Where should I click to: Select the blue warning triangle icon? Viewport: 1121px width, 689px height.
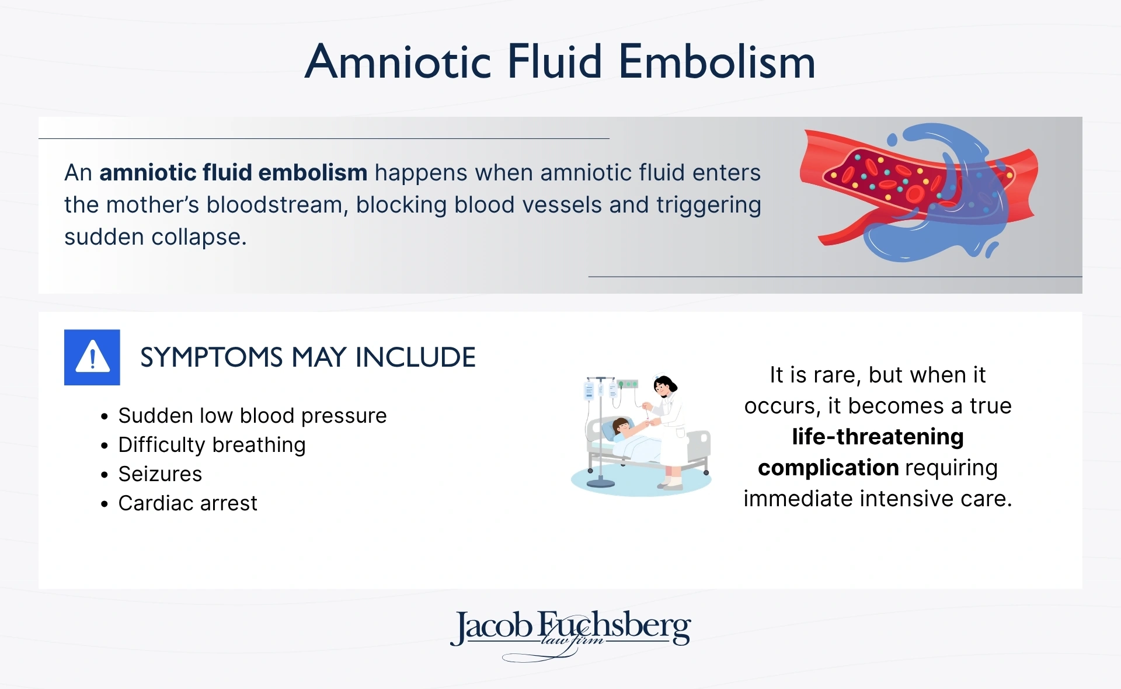[92, 357]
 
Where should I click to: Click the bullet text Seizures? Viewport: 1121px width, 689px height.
[160, 474]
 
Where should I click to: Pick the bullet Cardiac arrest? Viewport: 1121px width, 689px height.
[187, 503]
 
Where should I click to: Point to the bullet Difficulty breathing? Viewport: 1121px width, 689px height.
[211, 445]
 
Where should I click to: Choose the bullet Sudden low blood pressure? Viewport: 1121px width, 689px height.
[252, 416]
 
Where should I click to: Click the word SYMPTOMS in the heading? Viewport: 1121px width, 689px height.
[211, 357]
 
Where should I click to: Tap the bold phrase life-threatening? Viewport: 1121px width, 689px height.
[878, 437]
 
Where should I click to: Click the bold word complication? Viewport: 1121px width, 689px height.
[828, 468]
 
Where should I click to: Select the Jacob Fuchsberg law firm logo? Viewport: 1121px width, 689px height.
[570, 634]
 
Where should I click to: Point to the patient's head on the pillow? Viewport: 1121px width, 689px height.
[621, 426]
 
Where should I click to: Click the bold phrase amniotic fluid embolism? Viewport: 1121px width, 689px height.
[234, 173]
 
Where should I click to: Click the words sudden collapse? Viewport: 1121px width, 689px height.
[155, 237]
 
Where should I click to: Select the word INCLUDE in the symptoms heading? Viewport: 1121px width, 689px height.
[416, 357]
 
